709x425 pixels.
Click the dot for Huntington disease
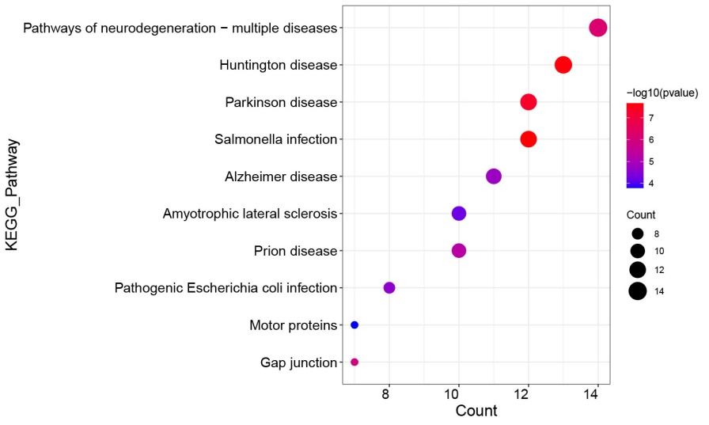(x=563, y=65)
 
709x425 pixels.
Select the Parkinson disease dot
(x=529, y=102)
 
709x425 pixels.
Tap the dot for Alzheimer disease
(x=494, y=176)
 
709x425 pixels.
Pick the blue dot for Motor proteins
(x=354, y=325)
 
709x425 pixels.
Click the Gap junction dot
(x=354, y=362)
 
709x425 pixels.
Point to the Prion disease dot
(x=459, y=251)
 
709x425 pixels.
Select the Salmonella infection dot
(x=529, y=139)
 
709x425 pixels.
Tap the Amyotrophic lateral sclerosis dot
(x=459, y=214)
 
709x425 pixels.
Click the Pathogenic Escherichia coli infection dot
(x=389, y=287)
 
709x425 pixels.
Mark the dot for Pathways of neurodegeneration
(x=598, y=28)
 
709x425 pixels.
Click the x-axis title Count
(x=476, y=412)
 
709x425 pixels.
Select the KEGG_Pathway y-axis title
(x=12, y=195)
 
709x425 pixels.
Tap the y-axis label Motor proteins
(x=293, y=325)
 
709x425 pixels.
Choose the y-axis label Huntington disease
(x=279, y=65)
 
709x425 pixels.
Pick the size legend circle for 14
(x=638, y=291)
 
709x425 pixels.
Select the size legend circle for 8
(x=637, y=234)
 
